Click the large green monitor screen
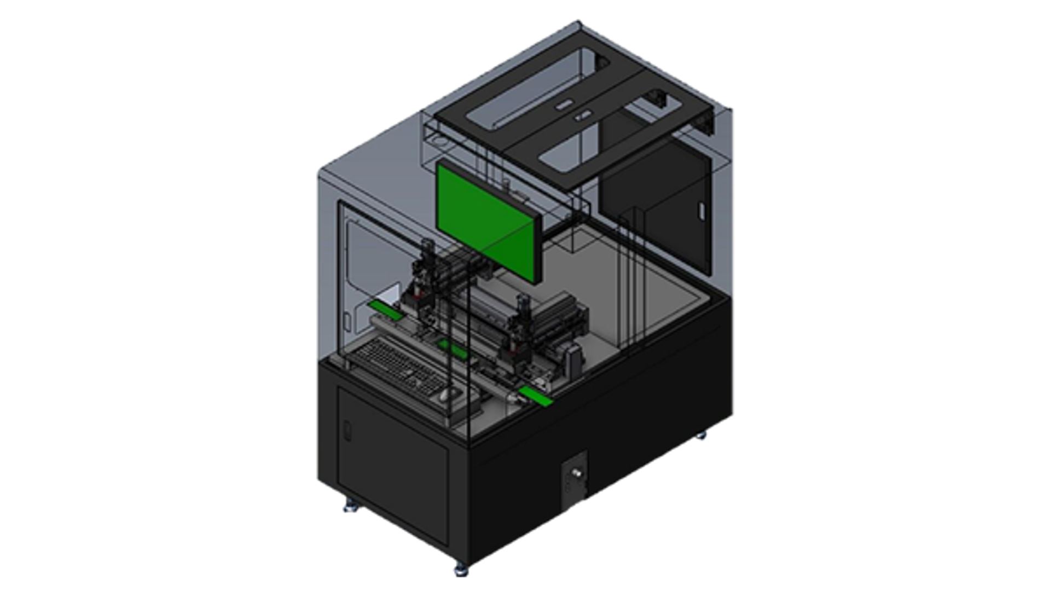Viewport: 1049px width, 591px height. coord(484,221)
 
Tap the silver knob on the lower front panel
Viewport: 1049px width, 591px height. coord(576,472)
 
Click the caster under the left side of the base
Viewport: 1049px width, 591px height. coord(349,505)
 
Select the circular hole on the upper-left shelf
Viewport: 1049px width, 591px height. coord(439,142)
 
